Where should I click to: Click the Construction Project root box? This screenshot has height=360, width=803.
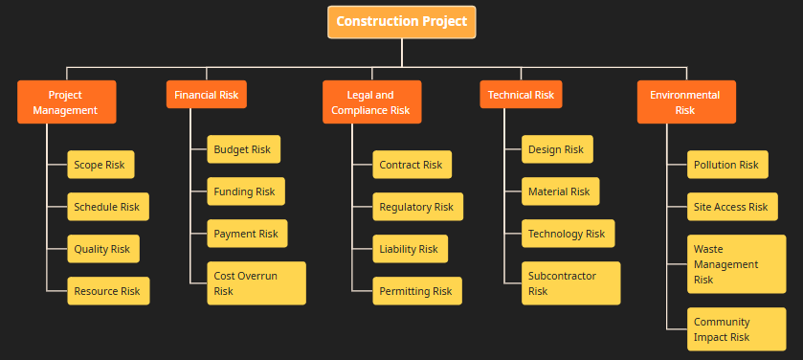pyautogui.click(x=401, y=21)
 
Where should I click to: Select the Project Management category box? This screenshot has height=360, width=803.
pyautogui.click(x=66, y=101)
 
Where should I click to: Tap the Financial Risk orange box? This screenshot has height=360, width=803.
pyautogui.click(x=206, y=95)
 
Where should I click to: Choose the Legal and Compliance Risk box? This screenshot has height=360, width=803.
pyautogui.click(x=371, y=101)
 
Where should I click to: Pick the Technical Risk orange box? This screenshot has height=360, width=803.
pyautogui.click(x=521, y=95)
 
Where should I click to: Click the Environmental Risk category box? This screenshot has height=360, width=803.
pyautogui.click(x=685, y=101)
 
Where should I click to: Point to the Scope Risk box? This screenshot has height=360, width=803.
pyautogui.click(x=100, y=165)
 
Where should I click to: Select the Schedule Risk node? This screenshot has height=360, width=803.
pyautogui.click(x=107, y=207)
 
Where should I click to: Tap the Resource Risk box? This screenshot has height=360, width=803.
pyautogui.click(x=107, y=291)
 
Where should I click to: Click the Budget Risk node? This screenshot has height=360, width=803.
pyautogui.click(x=243, y=149)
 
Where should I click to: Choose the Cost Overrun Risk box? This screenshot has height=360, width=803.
pyautogui.click(x=256, y=283)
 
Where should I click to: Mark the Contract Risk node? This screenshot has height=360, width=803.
pyautogui.click(x=412, y=165)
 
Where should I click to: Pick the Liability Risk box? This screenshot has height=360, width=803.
pyautogui.click(x=409, y=249)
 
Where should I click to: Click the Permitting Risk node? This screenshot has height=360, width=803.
pyautogui.click(x=416, y=291)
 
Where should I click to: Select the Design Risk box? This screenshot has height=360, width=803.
pyautogui.click(x=557, y=149)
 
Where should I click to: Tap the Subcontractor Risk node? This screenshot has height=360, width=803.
pyautogui.click(x=570, y=283)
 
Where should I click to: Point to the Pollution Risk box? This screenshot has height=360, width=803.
pyautogui.click(x=726, y=165)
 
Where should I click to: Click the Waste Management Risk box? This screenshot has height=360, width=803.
pyautogui.click(x=736, y=263)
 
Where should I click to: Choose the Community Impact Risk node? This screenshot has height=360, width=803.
pyautogui.click(x=736, y=329)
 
